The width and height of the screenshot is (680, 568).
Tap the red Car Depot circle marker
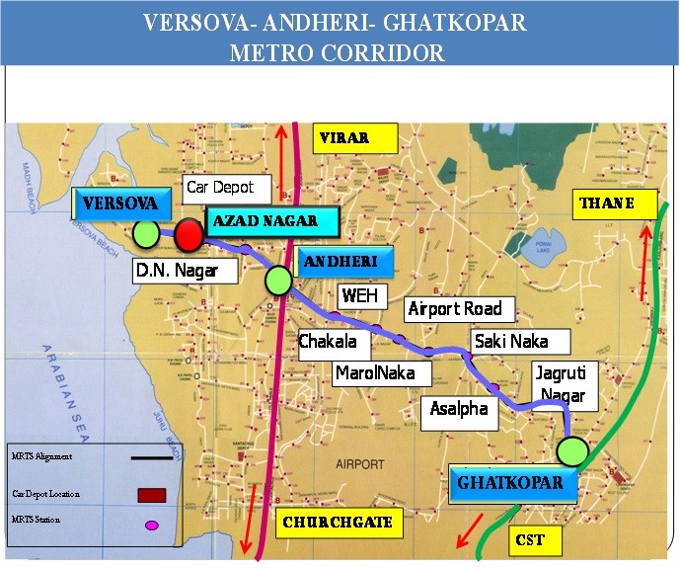pos(189,235)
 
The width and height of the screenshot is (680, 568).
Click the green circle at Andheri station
pos(278,281)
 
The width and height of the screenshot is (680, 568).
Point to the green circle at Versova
pos(147,234)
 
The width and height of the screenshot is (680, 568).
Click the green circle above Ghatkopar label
pos(571,452)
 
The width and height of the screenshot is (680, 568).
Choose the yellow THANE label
pos(605,204)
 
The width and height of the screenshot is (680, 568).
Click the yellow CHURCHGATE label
pos(340,523)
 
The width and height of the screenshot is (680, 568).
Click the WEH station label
pos(358,295)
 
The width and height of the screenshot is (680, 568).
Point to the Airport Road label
pos(455,308)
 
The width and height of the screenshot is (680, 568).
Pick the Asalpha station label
pos(459,408)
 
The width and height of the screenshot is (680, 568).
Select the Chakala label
pos(335,343)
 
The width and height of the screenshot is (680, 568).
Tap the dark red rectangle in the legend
pos(151,495)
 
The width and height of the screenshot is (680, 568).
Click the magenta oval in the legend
pos(151,525)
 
